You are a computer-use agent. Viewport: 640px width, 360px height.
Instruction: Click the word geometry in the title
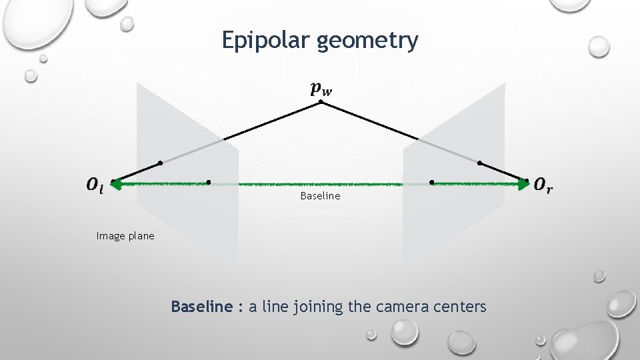click(368, 41)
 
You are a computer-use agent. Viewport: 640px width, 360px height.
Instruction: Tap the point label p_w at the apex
click(321, 89)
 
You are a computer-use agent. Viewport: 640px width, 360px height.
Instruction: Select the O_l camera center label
click(95, 185)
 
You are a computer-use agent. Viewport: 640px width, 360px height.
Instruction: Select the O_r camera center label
click(543, 185)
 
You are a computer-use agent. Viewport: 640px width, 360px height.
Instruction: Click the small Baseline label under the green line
click(320, 196)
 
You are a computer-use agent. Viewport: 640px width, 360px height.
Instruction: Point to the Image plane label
click(125, 235)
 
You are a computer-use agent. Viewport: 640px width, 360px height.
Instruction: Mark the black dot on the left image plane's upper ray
click(160, 163)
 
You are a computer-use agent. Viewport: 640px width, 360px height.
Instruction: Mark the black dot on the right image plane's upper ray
click(480, 163)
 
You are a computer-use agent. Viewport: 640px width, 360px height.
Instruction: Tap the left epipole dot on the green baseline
click(209, 182)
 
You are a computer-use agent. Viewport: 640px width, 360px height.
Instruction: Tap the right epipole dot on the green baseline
click(431, 182)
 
